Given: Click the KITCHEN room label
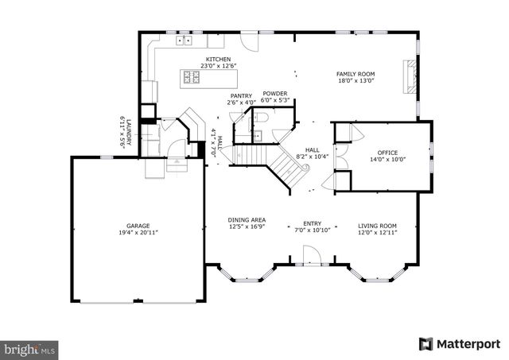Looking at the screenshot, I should (x=218, y=60).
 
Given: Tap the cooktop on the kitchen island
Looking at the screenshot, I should (x=192, y=77).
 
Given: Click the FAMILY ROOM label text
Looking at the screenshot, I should (x=355, y=73).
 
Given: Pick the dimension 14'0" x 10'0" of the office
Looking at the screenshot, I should (x=387, y=160).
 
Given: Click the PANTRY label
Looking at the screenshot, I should (x=241, y=95).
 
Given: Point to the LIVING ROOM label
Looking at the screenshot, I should (x=377, y=224).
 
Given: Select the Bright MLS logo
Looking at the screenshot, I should (x=31, y=348).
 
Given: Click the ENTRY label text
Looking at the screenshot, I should (x=312, y=223).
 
